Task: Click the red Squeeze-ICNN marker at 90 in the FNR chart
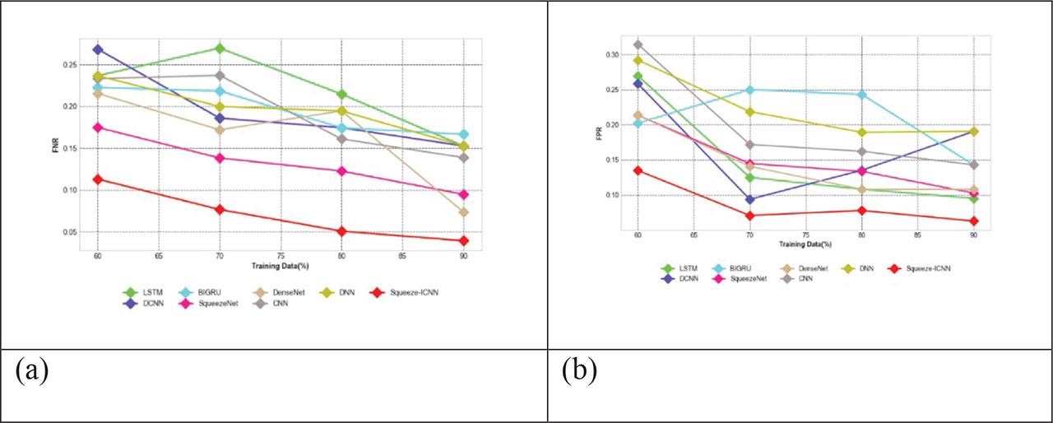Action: click(464, 240)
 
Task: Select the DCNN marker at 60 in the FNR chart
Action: click(98, 49)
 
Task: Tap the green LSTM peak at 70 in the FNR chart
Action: click(220, 49)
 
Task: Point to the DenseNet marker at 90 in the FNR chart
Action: click(464, 211)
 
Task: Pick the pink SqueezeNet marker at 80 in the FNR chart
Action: click(342, 171)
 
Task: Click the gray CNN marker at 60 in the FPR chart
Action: click(638, 44)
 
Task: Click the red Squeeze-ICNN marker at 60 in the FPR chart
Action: click(638, 170)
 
